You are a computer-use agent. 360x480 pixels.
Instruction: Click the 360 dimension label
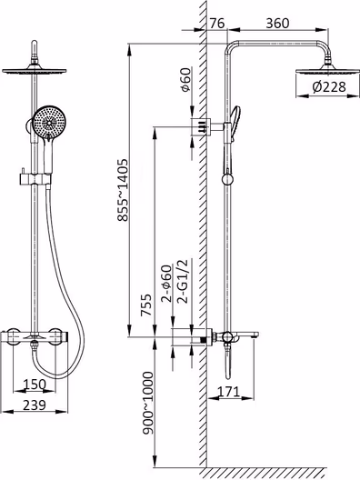pyautogui.click(x=277, y=24)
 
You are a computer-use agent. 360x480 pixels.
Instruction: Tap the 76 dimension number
pyautogui.click(x=217, y=24)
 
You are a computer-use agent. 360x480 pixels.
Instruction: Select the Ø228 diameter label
pyautogui.click(x=329, y=87)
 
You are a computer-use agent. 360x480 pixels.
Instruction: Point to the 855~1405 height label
pyautogui.click(x=124, y=190)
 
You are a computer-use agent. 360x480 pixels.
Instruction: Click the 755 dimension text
pyautogui.click(x=146, y=305)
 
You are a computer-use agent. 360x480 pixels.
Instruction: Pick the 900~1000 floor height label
pyautogui.click(x=148, y=403)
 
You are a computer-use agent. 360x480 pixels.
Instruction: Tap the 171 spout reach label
pyautogui.click(x=229, y=392)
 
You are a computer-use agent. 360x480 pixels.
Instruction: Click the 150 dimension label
pyautogui.click(x=35, y=385)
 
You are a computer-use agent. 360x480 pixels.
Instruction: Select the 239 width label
pyautogui.click(x=35, y=405)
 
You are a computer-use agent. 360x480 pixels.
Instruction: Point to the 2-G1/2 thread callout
pyautogui.click(x=184, y=282)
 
